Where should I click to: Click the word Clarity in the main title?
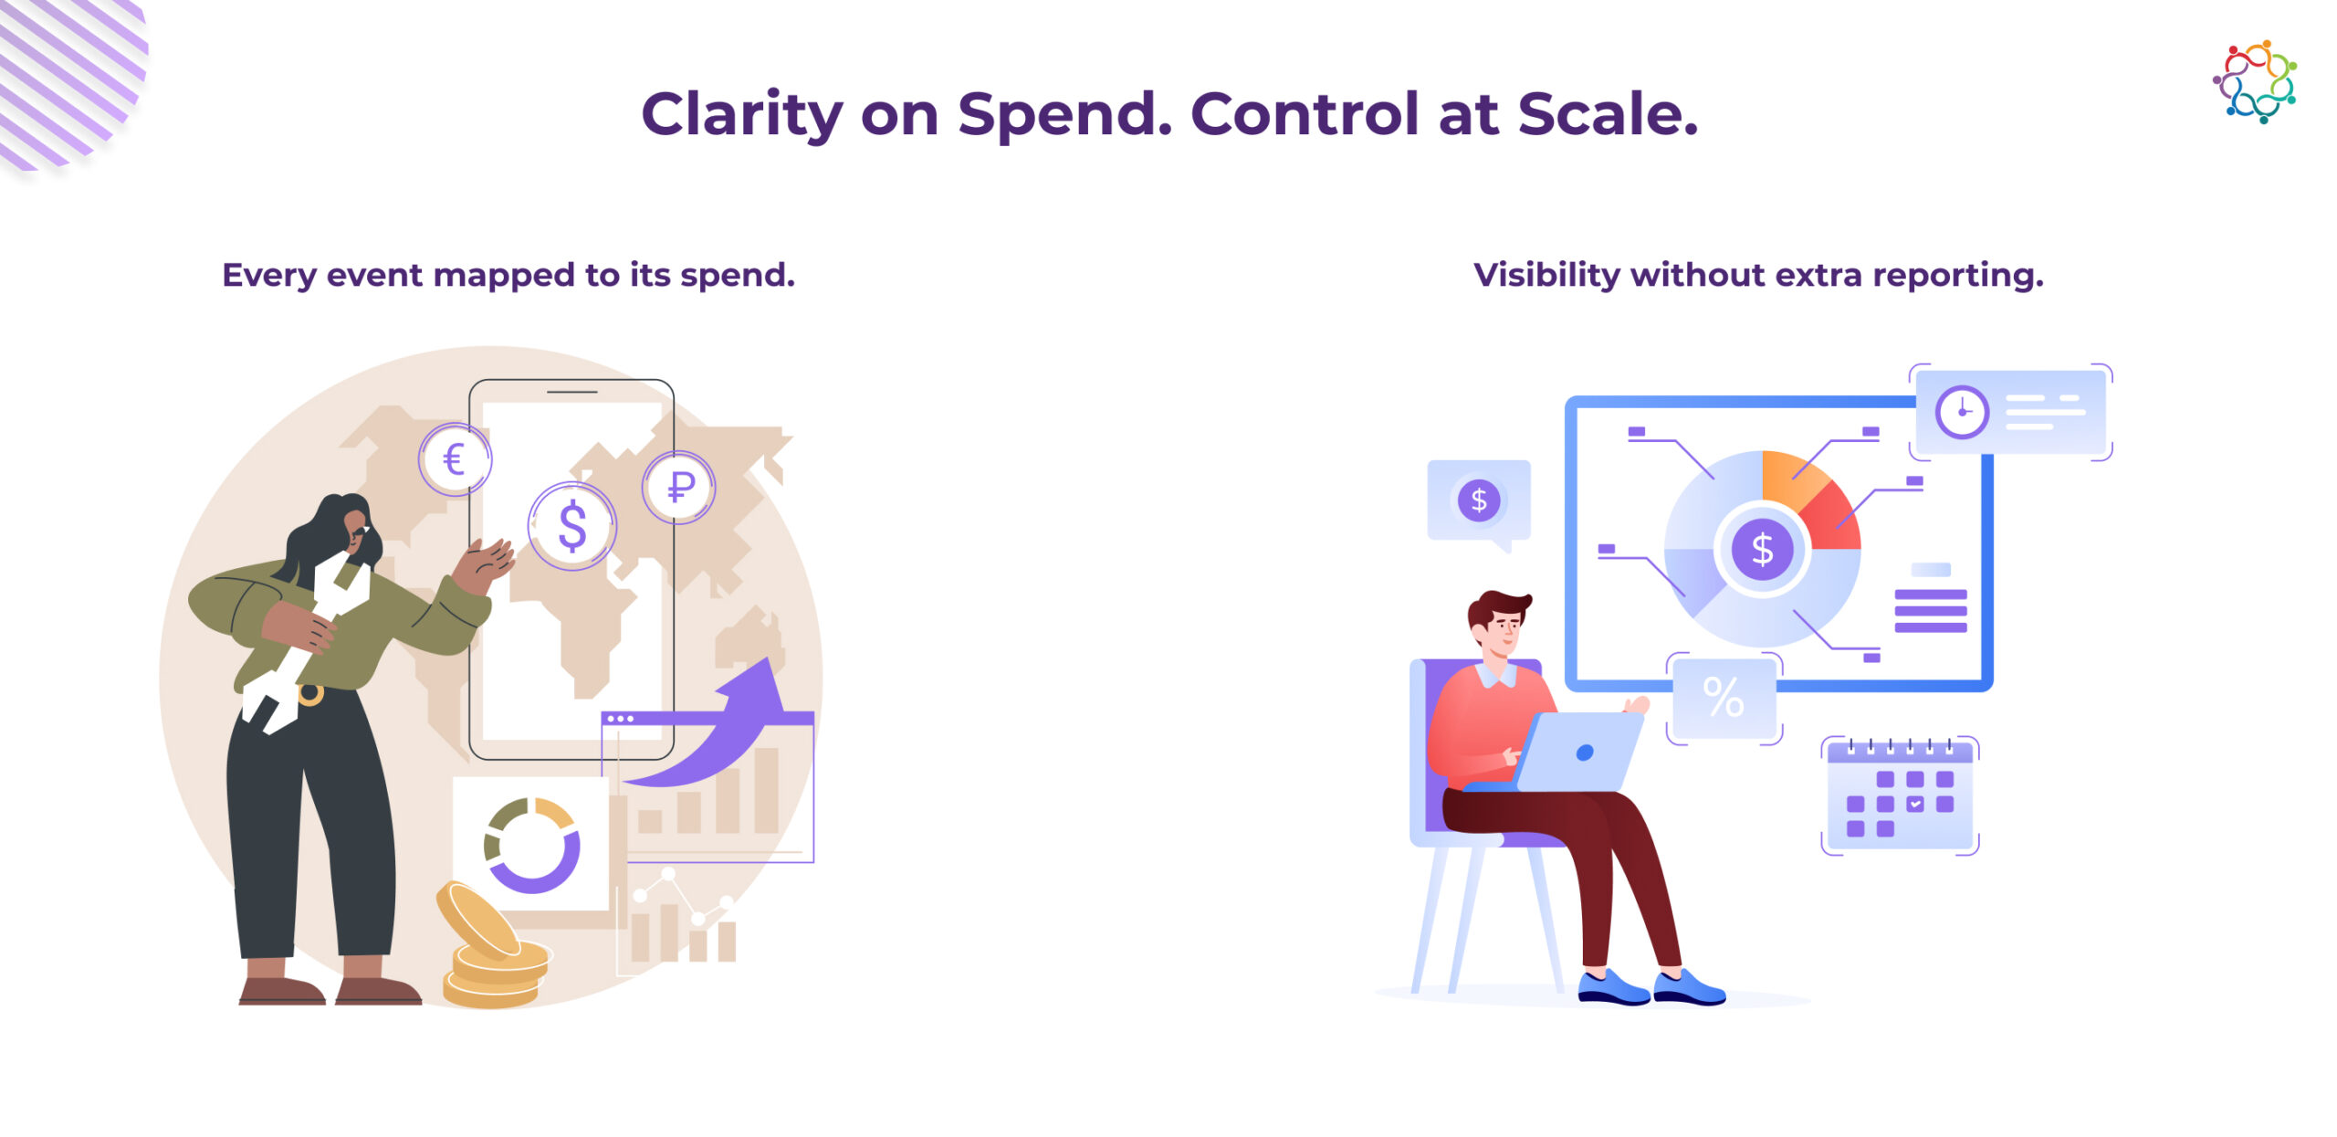(x=742, y=115)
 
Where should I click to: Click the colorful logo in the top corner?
(x=2255, y=81)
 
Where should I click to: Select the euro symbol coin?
(x=455, y=459)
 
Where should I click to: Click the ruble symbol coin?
(x=679, y=487)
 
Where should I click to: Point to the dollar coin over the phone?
(x=572, y=526)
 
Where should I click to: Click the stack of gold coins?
(x=493, y=950)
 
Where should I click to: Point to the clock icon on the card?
(x=1962, y=412)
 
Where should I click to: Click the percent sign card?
(x=1724, y=698)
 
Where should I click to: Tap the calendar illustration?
(x=1900, y=795)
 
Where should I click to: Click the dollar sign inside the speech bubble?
(x=1479, y=500)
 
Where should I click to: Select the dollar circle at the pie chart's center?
(x=1762, y=549)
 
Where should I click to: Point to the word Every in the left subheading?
(x=269, y=276)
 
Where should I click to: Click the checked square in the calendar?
(x=1915, y=804)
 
